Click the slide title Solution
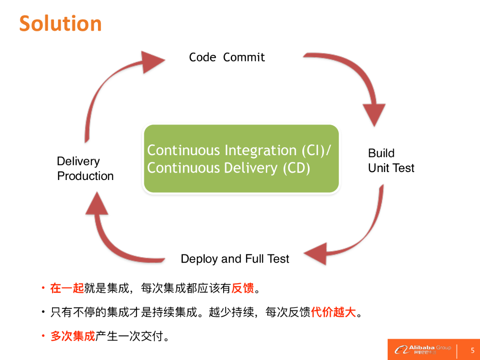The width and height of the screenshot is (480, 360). tap(60, 23)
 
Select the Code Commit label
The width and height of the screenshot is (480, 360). tap(227, 57)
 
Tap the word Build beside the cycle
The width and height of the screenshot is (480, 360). tap(381, 153)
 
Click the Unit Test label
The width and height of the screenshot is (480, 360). tap(391, 168)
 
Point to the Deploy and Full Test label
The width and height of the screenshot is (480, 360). tap(235, 259)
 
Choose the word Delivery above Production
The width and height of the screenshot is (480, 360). tap(78, 161)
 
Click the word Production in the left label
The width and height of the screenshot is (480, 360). tap(85, 176)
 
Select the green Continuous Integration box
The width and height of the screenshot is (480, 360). tap(241, 159)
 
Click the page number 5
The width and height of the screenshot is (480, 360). tap(472, 350)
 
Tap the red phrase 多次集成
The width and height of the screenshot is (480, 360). tap(73, 336)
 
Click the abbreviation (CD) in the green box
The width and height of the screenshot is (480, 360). tap(296, 168)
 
